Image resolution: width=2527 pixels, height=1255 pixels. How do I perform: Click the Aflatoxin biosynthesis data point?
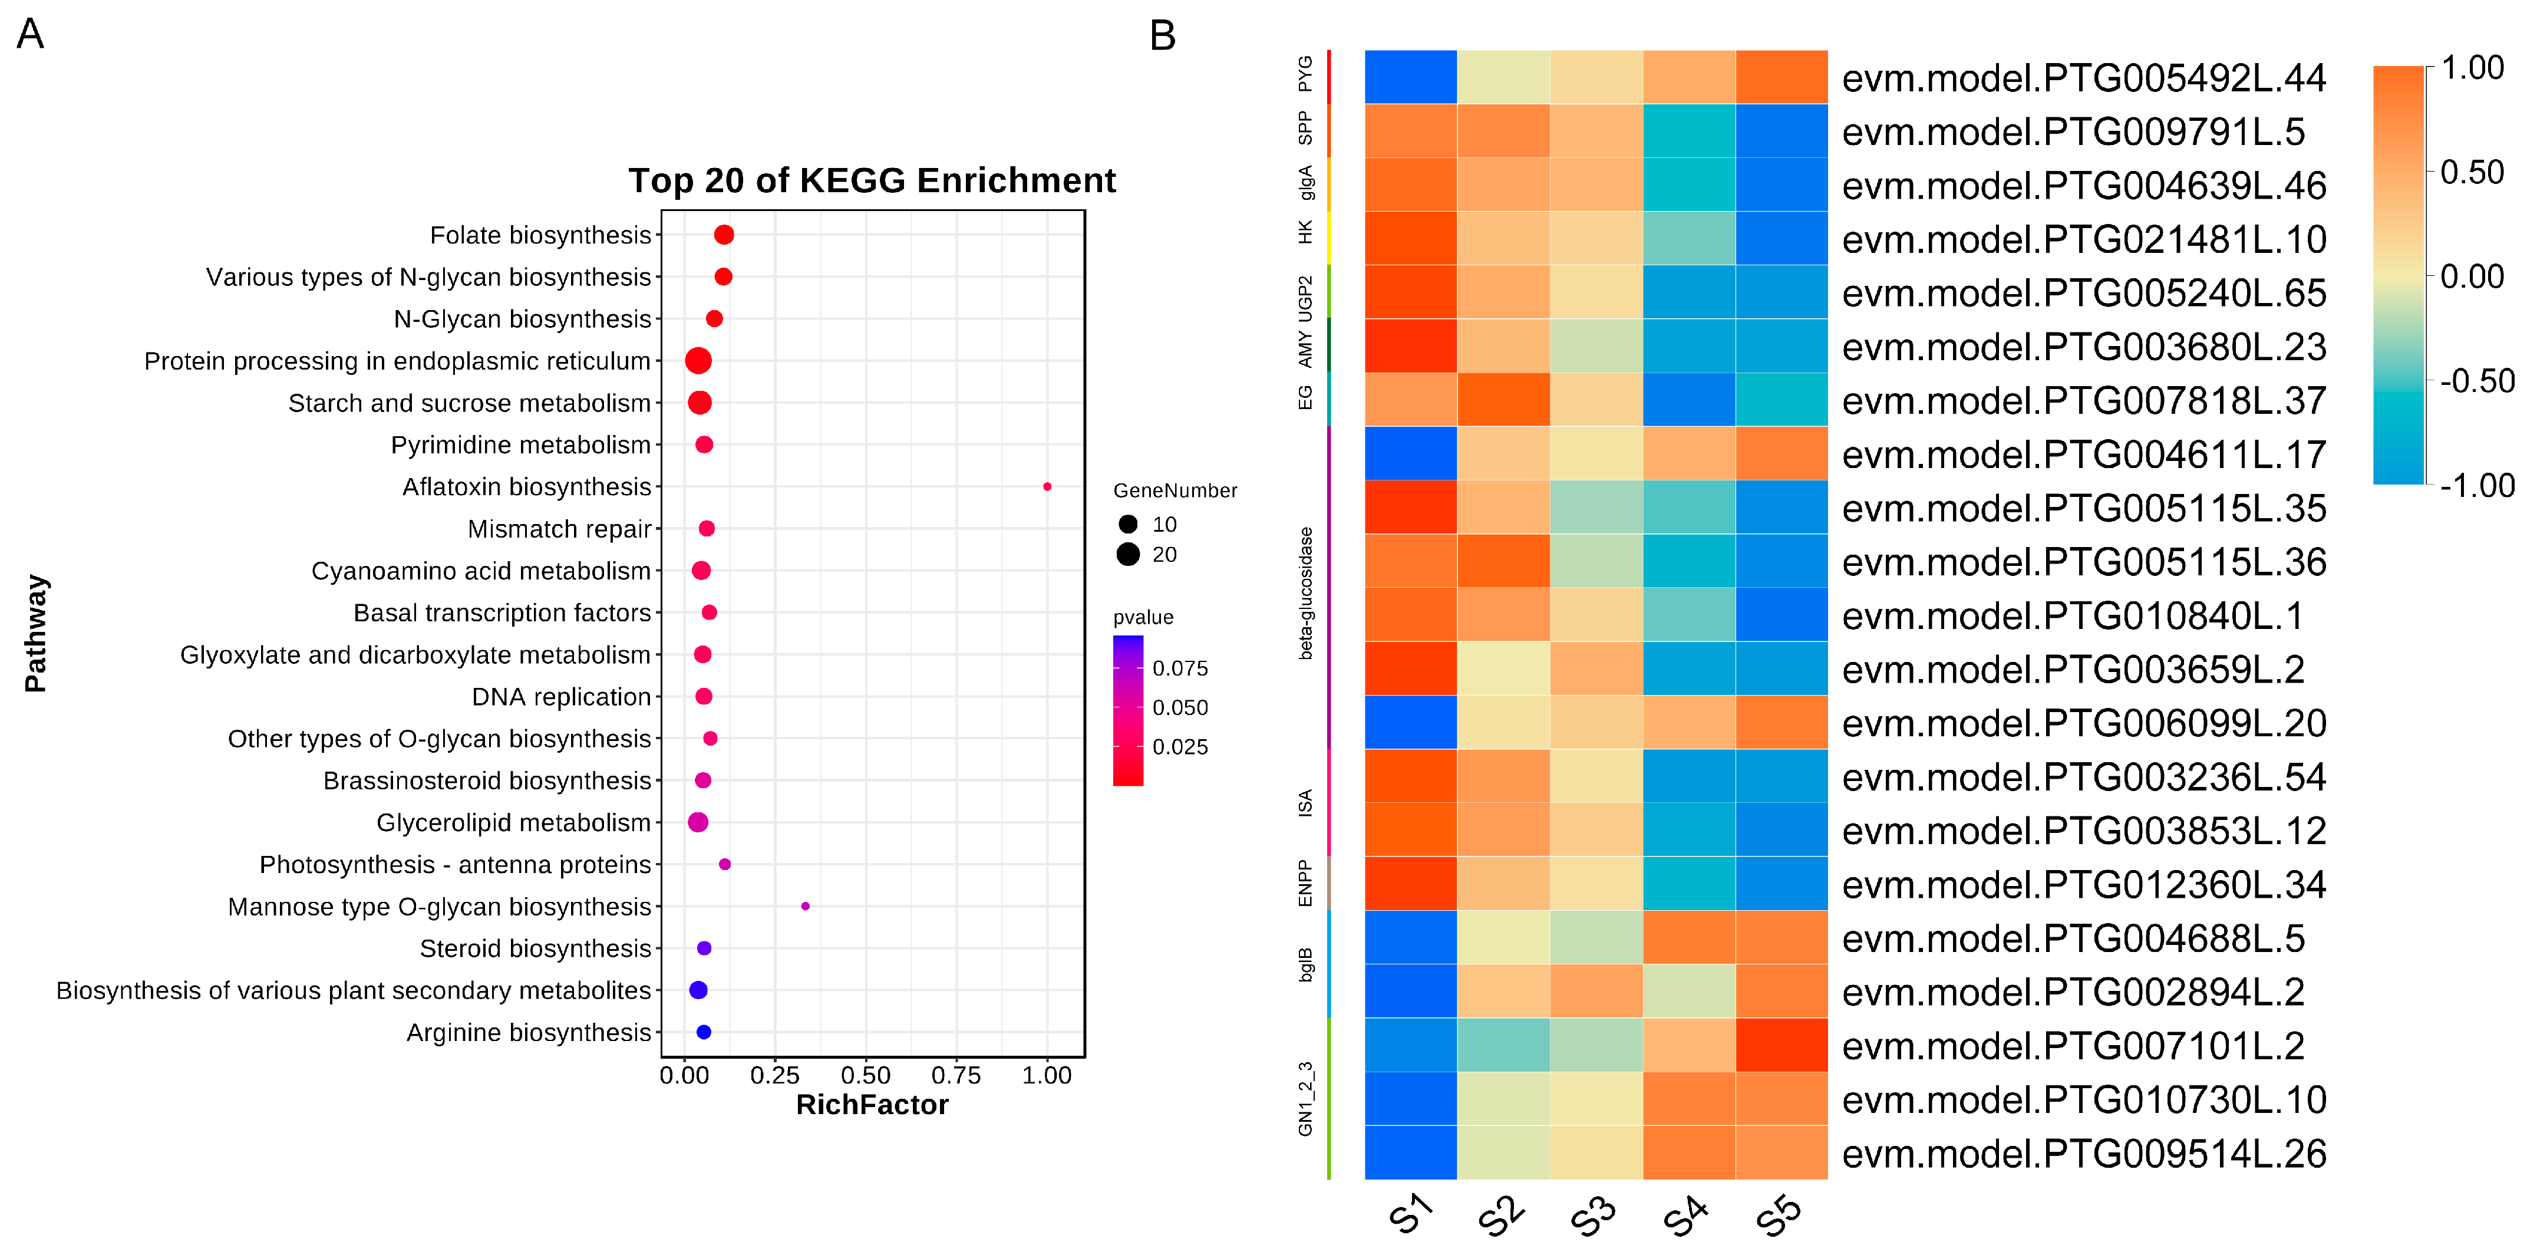(1047, 487)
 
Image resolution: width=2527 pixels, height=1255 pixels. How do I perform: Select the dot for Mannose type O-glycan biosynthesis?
(806, 905)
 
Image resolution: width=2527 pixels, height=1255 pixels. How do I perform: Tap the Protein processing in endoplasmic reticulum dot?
(698, 361)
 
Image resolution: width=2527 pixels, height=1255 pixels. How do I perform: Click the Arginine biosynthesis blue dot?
(704, 1032)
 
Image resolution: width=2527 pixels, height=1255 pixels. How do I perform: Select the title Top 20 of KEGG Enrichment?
(871, 180)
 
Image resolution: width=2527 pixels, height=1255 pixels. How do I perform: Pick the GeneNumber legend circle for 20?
(1128, 554)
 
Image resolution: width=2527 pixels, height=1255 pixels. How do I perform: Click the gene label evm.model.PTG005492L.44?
(2084, 78)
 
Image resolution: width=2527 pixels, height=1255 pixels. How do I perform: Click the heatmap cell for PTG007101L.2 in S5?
(1782, 1045)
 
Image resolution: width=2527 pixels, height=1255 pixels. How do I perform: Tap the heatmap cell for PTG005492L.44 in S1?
(1411, 77)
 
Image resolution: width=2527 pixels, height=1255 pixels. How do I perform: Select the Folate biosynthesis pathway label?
(540, 235)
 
